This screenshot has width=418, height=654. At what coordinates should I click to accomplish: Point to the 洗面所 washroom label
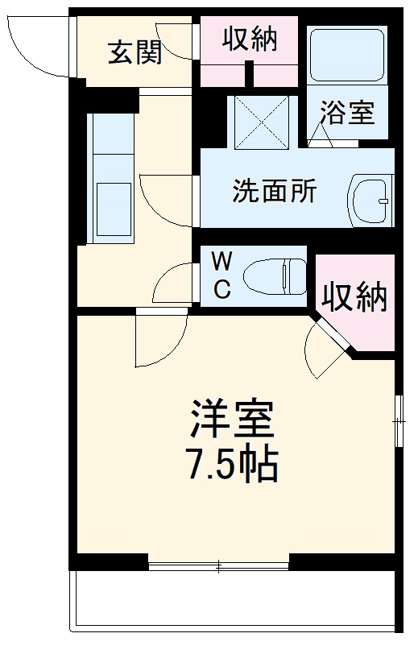pos(274,192)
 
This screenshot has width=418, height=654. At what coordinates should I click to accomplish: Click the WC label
pos(222,276)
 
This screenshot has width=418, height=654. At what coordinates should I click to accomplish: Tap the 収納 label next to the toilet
pos(355,298)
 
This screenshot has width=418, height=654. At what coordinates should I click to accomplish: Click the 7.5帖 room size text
pos(234,465)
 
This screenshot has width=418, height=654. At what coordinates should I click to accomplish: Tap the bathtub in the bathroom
pos(347,55)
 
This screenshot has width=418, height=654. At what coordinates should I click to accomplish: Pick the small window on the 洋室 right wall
pos(398,418)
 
